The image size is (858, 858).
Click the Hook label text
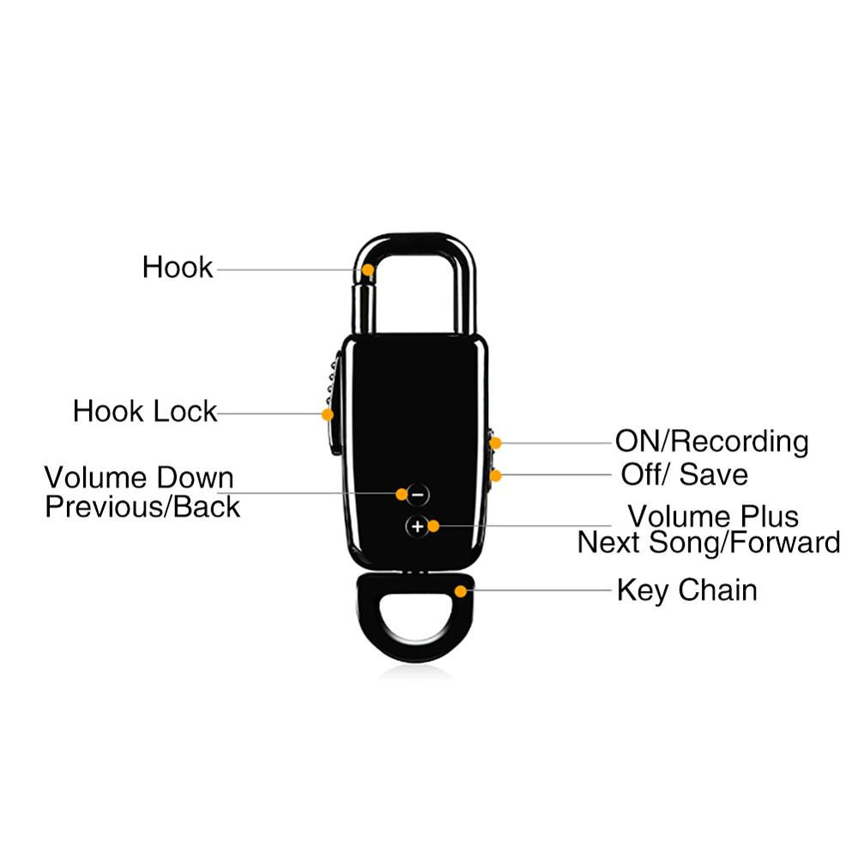[x=178, y=268]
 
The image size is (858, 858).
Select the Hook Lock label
[x=145, y=412]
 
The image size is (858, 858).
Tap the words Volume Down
[x=139, y=478]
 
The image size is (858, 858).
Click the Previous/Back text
[x=142, y=507]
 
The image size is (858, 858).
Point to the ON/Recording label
[x=712, y=442]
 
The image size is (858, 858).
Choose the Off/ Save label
[x=684, y=474]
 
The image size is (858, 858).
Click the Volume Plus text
[x=713, y=516]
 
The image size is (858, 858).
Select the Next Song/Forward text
[x=709, y=543]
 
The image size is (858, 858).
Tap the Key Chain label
[x=686, y=591]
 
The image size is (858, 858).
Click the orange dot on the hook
[x=368, y=269]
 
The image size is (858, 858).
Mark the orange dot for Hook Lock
[x=327, y=414]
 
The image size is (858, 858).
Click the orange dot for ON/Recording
[x=495, y=443]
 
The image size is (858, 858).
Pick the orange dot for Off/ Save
[x=495, y=475]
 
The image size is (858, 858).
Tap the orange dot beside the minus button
[x=402, y=494]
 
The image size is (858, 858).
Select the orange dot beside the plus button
[x=433, y=526]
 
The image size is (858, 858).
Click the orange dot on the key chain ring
[x=461, y=591]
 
